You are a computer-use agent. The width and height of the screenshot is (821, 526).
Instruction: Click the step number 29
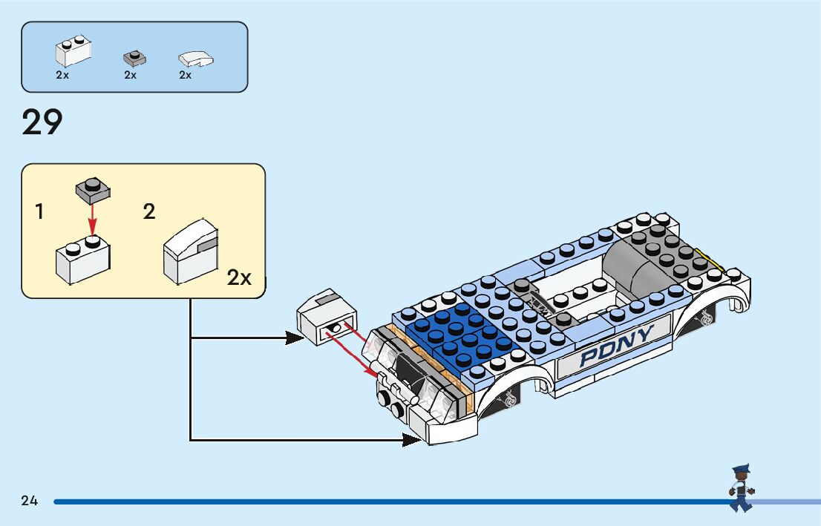(42, 122)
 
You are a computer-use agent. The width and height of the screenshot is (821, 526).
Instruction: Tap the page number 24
(30, 501)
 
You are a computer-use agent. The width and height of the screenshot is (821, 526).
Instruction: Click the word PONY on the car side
(617, 346)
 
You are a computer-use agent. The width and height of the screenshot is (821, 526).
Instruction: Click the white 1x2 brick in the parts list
(73, 50)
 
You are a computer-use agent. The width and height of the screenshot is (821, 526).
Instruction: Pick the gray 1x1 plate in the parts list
(134, 58)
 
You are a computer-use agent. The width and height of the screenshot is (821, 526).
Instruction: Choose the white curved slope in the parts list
(196, 59)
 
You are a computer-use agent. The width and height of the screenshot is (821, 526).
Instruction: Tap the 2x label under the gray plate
(131, 75)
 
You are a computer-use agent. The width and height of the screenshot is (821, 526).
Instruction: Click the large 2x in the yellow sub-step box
(239, 277)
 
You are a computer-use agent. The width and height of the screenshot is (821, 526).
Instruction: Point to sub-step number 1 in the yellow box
(39, 211)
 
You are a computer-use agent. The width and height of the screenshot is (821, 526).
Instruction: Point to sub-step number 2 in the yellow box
(149, 211)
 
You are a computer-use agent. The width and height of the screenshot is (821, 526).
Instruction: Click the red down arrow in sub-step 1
(92, 220)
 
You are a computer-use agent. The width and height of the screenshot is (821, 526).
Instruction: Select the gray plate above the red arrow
(93, 190)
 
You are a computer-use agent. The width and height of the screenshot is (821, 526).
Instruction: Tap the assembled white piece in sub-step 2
(191, 252)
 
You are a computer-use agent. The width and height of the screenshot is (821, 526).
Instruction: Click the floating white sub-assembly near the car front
(327, 317)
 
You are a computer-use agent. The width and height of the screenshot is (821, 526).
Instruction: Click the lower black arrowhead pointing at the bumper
(412, 440)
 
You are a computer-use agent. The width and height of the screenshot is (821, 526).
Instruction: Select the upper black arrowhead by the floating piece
(295, 338)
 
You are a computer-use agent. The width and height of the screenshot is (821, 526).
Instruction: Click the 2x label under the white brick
(62, 75)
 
